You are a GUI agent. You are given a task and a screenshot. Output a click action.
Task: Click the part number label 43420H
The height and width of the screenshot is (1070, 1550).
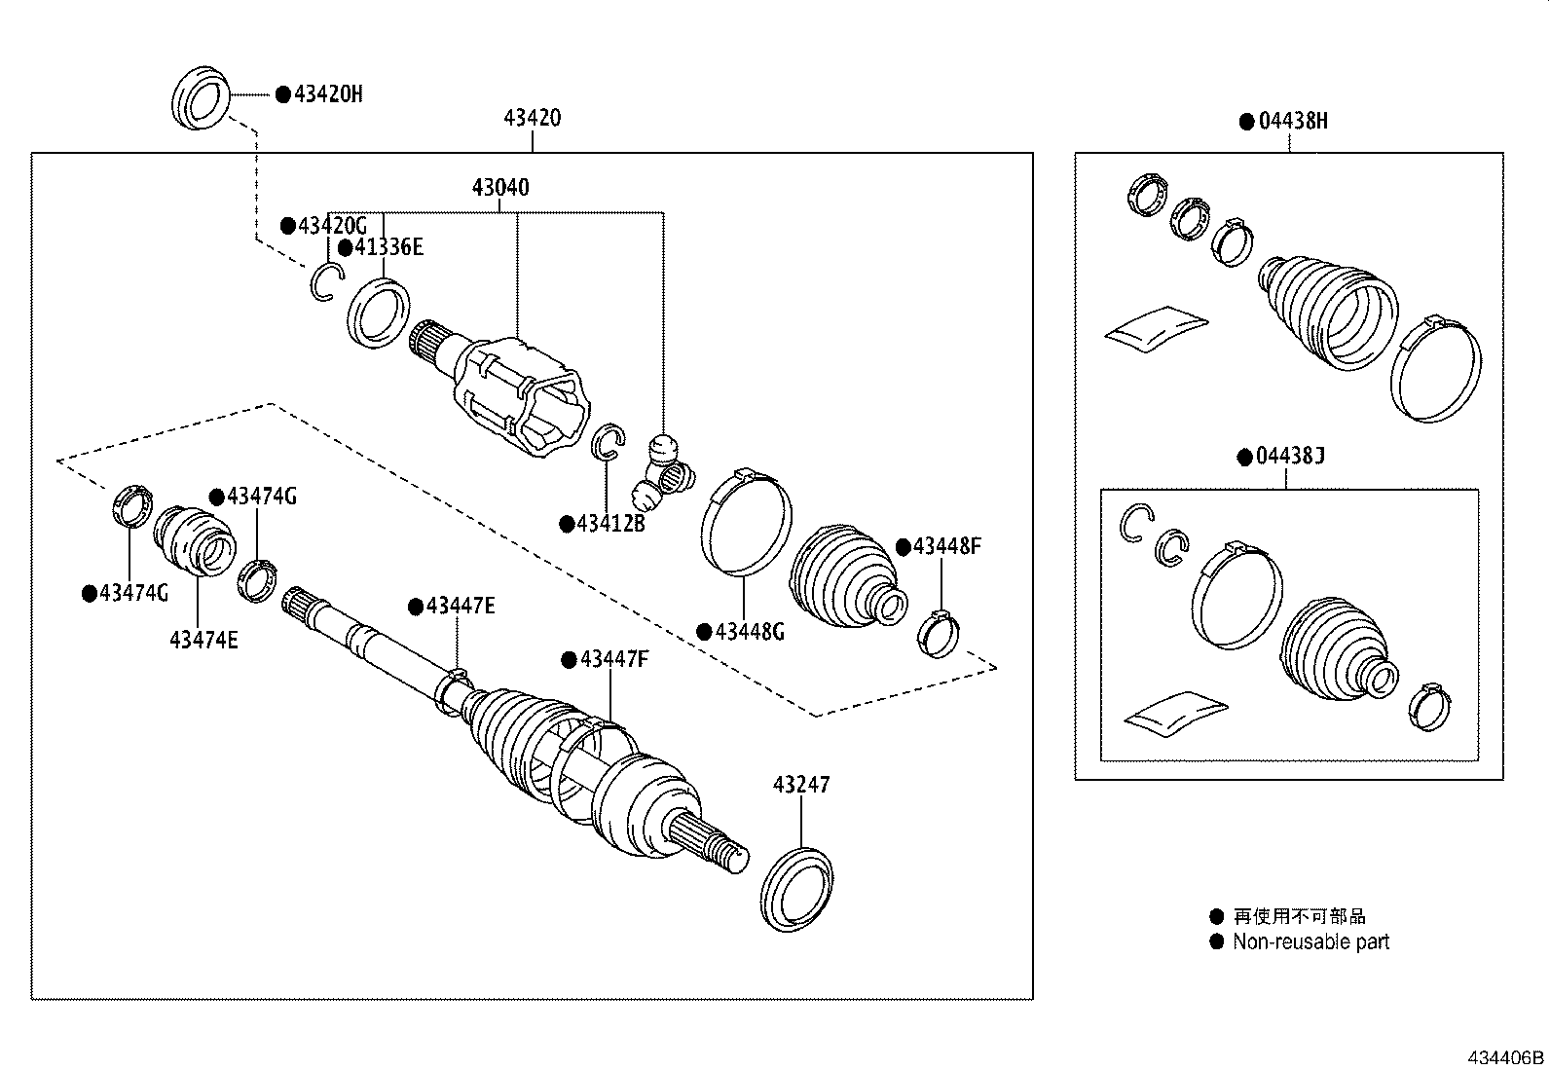pyautogui.click(x=328, y=94)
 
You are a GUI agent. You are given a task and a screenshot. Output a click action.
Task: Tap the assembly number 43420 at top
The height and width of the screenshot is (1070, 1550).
pyautogui.click(x=532, y=119)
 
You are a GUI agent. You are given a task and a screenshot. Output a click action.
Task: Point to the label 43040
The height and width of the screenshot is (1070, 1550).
pyautogui.click(x=500, y=187)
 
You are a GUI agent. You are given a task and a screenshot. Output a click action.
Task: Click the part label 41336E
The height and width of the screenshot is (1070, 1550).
pyautogui.click(x=388, y=246)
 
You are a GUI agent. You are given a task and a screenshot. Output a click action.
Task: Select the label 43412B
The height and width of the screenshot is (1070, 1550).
pyautogui.click(x=610, y=524)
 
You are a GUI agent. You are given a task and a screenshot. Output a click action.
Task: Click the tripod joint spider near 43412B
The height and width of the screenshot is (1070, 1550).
pyautogui.click(x=666, y=473)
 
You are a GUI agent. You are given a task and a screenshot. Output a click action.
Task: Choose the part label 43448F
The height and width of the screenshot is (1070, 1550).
pyautogui.click(x=946, y=546)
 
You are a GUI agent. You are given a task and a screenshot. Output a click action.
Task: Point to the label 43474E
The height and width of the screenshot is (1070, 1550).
pyautogui.click(x=203, y=640)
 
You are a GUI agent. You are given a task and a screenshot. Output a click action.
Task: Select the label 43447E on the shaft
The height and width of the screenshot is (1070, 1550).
pyautogui.click(x=460, y=607)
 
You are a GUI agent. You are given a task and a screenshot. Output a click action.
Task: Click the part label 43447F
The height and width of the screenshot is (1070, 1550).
pyautogui.click(x=613, y=659)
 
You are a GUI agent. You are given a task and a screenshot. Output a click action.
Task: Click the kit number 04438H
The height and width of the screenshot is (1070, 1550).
pyautogui.click(x=1293, y=122)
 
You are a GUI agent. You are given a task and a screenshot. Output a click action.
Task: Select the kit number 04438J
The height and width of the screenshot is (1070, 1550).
pyautogui.click(x=1291, y=457)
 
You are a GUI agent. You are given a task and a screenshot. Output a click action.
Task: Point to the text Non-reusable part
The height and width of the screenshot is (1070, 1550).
pyautogui.click(x=1310, y=941)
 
